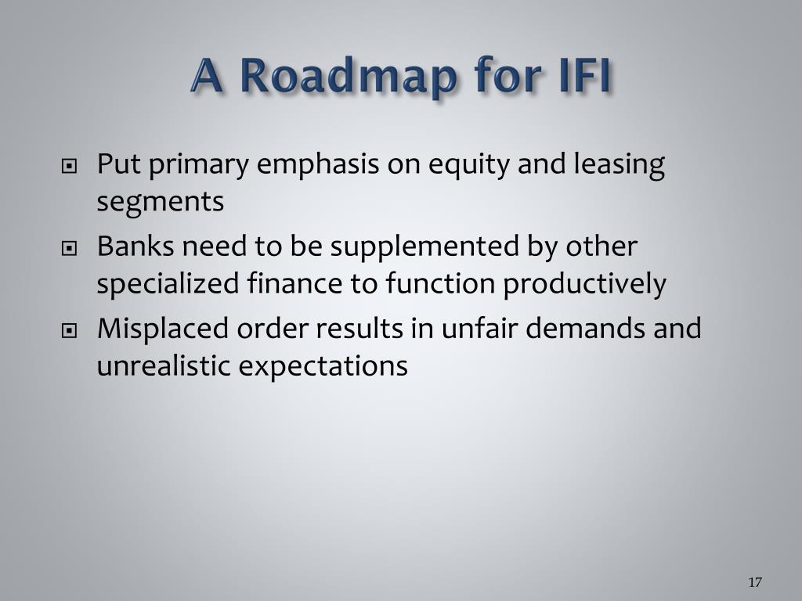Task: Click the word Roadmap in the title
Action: pyautogui.click(x=348, y=76)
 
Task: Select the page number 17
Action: pyautogui.click(x=755, y=582)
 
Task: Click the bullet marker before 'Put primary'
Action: pyautogui.click(x=69, y=166)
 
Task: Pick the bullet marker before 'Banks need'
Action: pyautogui.click(x=69, y=248)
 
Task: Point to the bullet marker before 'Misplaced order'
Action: pyautogui.click(x=69, y=331)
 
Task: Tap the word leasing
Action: pyautogui.click(x=619, y=166)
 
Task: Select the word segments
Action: pyautogui.click(x=160, y=202)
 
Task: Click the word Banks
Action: pyautogui.click(x=135, y=246)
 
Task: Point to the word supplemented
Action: pyautogui.click(x=424, y=247)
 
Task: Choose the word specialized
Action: pyautogui.click(x=168, y=284)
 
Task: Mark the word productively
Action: pyautogui.click(x=584, y=284)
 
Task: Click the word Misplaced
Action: pyautogui.click(x=163, y=329)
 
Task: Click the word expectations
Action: pyautogui.click(x=323, y=367)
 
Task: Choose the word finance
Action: pyautogui.click(x=294, y=283)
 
